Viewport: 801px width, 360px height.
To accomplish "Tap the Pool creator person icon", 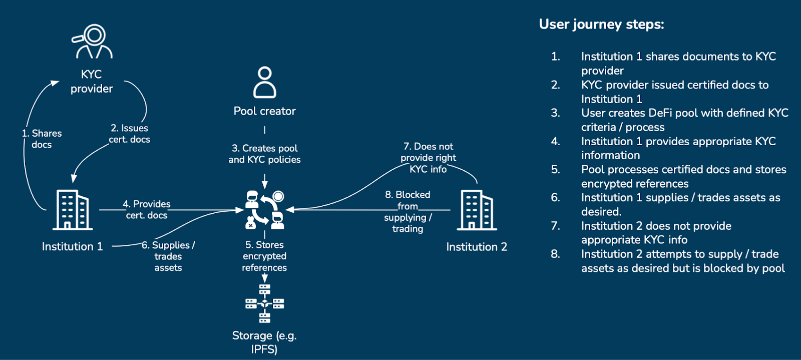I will point(264,83).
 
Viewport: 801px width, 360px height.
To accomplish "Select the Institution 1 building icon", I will point(73,210).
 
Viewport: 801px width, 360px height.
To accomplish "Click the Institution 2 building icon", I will point(477,210).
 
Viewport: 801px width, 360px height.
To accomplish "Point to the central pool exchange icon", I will point(265,210).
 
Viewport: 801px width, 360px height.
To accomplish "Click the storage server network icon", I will point(264,303).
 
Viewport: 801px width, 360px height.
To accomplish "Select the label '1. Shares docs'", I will point(42,139).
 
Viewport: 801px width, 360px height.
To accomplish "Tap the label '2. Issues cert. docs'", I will point(130,134).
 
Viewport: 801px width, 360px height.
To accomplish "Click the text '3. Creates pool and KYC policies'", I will point(264,154).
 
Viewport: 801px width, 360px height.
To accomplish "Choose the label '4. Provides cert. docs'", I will point(147,209).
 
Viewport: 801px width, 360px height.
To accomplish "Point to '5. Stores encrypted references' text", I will point(264,256).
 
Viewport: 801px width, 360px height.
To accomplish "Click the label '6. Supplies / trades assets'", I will point(168,256).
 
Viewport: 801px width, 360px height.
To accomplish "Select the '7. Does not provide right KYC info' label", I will point(428,158).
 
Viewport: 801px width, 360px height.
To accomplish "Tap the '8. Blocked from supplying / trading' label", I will point(408,211).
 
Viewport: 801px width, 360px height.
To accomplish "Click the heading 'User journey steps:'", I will point(601,25).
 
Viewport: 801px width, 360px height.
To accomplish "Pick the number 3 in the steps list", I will point(555,113).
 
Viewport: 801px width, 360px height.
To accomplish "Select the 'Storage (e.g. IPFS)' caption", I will point(264,342).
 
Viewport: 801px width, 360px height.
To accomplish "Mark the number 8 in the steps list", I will point(555,254).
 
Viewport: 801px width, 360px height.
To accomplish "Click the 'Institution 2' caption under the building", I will point(477,247).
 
